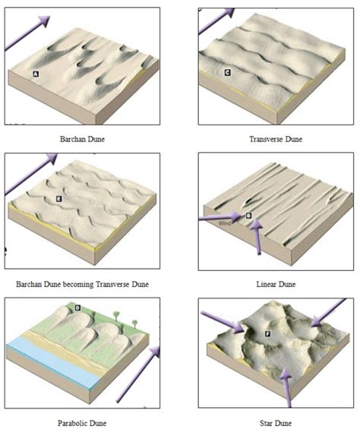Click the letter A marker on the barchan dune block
point(36,73)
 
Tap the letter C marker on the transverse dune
point(227,72)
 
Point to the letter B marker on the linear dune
point(248,216)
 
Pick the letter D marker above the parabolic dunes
point(78,307)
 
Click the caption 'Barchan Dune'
point(82,140)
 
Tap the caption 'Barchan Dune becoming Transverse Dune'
point(82,284)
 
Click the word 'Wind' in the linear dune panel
point(224,223)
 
